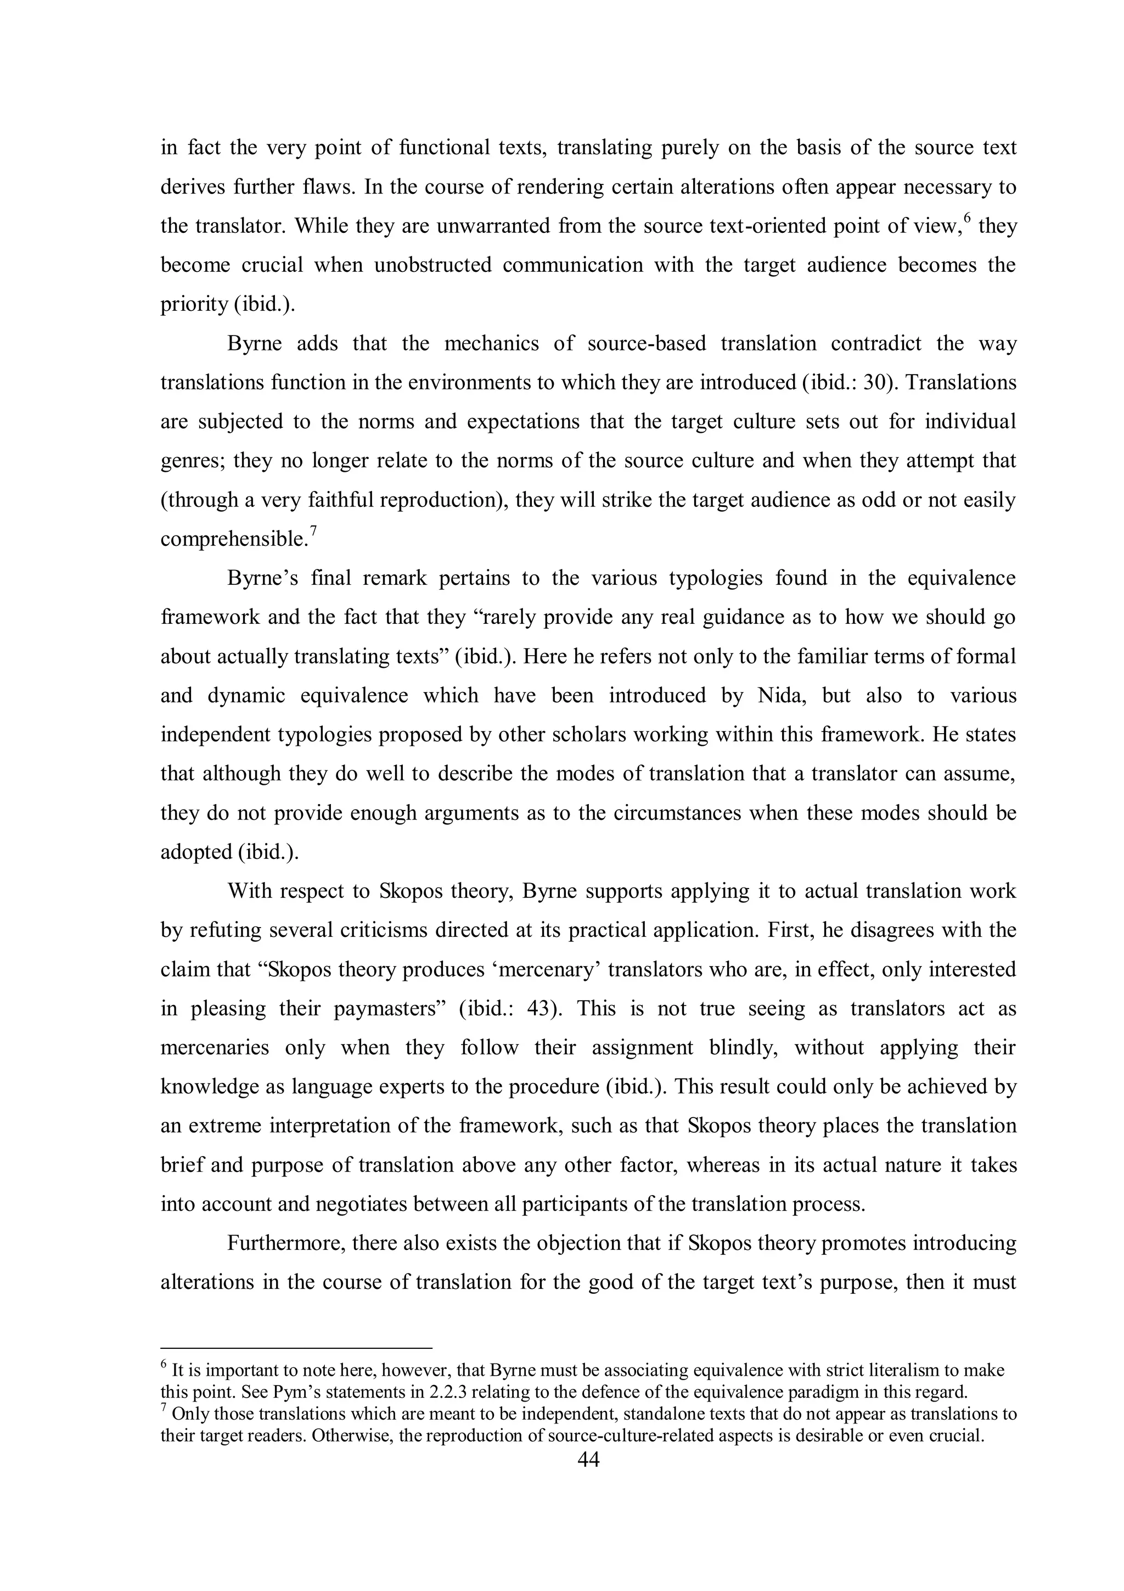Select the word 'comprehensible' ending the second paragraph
click(233, 539)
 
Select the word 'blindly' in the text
click(743, 1048)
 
